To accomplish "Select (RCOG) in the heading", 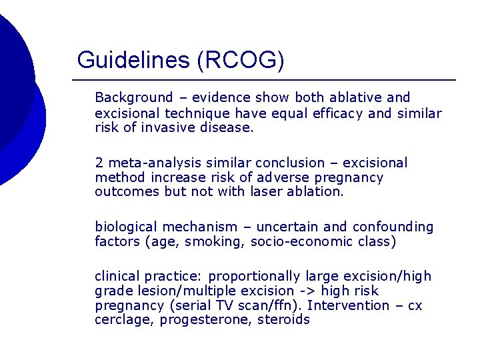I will [x=241, y=60].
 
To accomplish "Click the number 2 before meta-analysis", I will [x=99, y=163].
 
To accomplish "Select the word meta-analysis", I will [x=145, y=163].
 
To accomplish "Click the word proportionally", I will [x=256, y=276].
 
